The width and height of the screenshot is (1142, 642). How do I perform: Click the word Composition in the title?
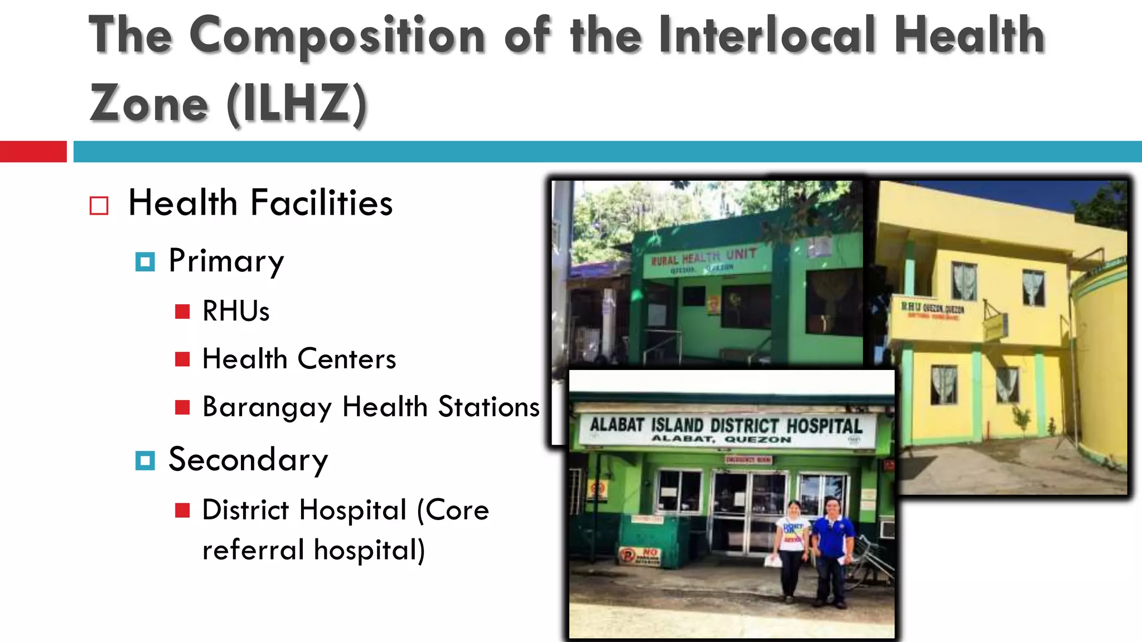pyautogui.click(x=337, y=36)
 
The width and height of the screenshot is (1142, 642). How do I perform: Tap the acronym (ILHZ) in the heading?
pyautogui.click(x=297, y=104)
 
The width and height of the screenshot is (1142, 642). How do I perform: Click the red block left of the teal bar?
pyautogui.click(x=33, y=152)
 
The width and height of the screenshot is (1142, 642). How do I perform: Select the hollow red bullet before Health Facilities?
pyautogui.click(x=99, y=206)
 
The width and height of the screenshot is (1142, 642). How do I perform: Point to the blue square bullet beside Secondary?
pyautogui.click(x=145, y=460)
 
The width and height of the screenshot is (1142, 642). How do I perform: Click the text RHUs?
pyautogui.click(x=236, y=311)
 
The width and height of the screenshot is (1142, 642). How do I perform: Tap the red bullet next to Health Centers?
pyautogui.click(x=182, y=359)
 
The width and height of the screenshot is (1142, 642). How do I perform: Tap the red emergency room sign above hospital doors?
pyautogui.click(x=748, y=460)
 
